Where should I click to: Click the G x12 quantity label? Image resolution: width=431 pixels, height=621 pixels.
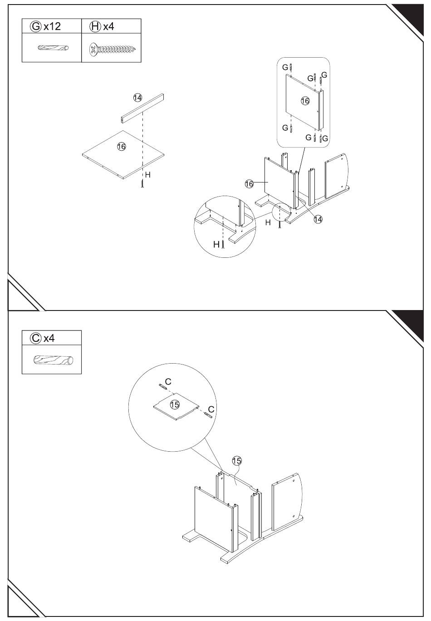[45, 26]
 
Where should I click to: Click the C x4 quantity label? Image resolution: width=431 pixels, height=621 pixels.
[42, 338]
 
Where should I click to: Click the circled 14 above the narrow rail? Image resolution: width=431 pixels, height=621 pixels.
[137, 97]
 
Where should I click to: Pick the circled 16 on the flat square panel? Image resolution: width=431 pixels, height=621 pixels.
[121, 146]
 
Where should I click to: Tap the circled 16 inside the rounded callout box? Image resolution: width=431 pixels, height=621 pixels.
[305, 101]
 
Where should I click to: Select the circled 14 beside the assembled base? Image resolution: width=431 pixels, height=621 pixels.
[318, 219]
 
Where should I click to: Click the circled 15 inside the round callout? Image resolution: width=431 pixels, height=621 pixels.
[175, 404]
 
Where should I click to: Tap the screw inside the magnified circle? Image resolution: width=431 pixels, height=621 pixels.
[223, 244]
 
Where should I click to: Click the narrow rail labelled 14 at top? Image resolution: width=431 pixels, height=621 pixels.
[142, 108]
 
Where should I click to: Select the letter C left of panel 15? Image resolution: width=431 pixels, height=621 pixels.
[167, 380]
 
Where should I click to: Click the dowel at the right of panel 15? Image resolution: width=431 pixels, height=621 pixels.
[209, 414]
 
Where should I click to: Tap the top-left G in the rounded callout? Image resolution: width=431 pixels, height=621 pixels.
[285, 67]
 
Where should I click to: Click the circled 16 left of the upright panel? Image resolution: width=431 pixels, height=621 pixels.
[249, 183]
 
